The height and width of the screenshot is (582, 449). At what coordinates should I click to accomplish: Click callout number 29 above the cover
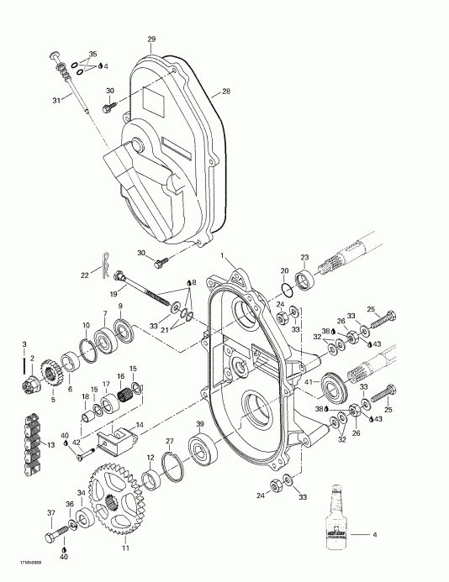click(152, 39)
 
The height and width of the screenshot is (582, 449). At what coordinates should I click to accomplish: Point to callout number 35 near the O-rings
click(93, 54)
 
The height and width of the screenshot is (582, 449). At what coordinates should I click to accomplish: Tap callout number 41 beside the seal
click(308, 385)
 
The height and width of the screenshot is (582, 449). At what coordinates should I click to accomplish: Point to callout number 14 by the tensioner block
click(140, 426)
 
